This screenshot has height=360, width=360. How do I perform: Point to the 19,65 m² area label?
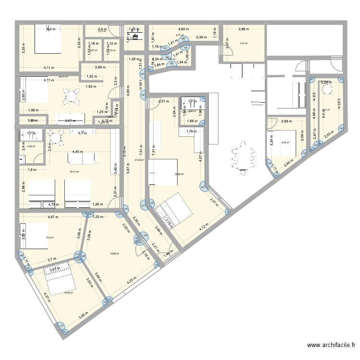click(x=114, y=254)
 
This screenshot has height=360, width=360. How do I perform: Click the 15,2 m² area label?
click(x=49, y=237)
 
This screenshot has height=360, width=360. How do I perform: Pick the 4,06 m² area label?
click(x=32, y=146)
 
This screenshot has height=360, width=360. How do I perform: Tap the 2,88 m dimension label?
click(x=244, y=29)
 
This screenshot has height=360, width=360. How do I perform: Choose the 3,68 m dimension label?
click(x=84, y=315)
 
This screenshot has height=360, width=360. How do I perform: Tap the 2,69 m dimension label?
click(x=287, y=121)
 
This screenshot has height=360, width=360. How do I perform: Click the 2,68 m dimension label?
click(x=100, y=67)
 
